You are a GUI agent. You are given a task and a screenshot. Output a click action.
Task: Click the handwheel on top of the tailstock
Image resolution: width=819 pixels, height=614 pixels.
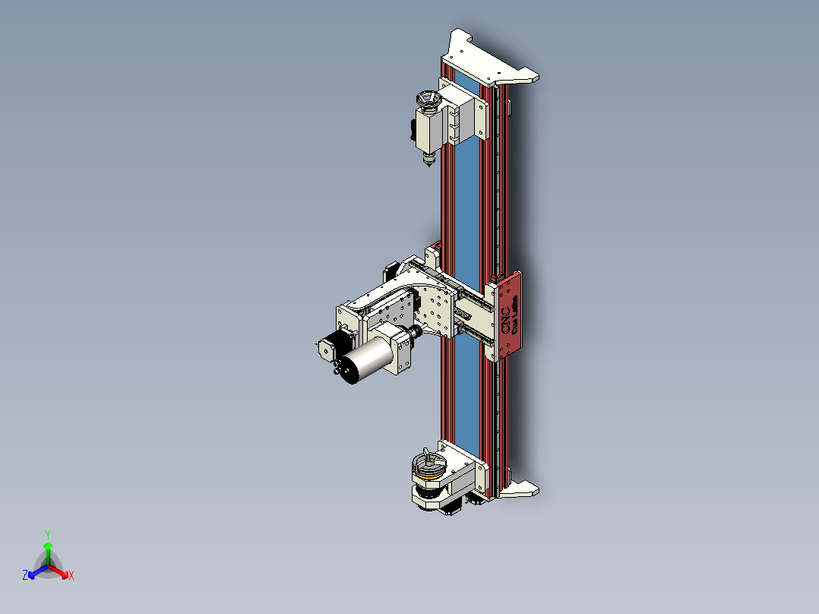coord(427,100)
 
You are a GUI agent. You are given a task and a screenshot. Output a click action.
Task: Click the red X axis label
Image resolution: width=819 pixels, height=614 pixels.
coord(71,576)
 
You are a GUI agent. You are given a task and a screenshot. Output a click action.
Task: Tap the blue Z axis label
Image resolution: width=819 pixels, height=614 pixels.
coord(25,576)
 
